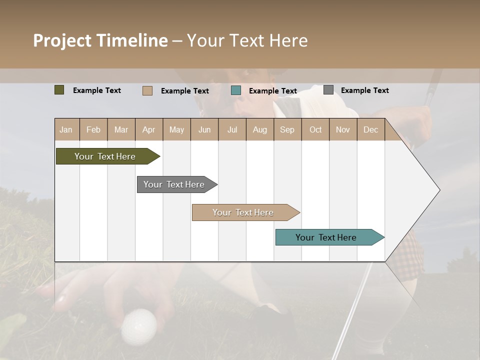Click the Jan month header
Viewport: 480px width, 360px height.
point(66,129)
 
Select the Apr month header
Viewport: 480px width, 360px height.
point(148,129)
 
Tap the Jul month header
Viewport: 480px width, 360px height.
point(232,129)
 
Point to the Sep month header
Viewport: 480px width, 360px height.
point(287,129)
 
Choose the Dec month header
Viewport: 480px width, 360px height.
point(370,129)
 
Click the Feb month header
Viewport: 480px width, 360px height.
point(93,129)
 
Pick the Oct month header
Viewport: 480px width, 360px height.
point(315,129)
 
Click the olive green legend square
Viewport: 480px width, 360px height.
point(59,90)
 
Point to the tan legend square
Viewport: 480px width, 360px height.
point(147,90)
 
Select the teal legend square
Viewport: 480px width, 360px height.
point(236,90)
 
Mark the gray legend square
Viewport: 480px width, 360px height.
point(328,90)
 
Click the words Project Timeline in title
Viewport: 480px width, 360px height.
point(100,40)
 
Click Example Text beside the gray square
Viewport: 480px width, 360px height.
point(364,90)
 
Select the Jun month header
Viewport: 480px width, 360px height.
point(204,129)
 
